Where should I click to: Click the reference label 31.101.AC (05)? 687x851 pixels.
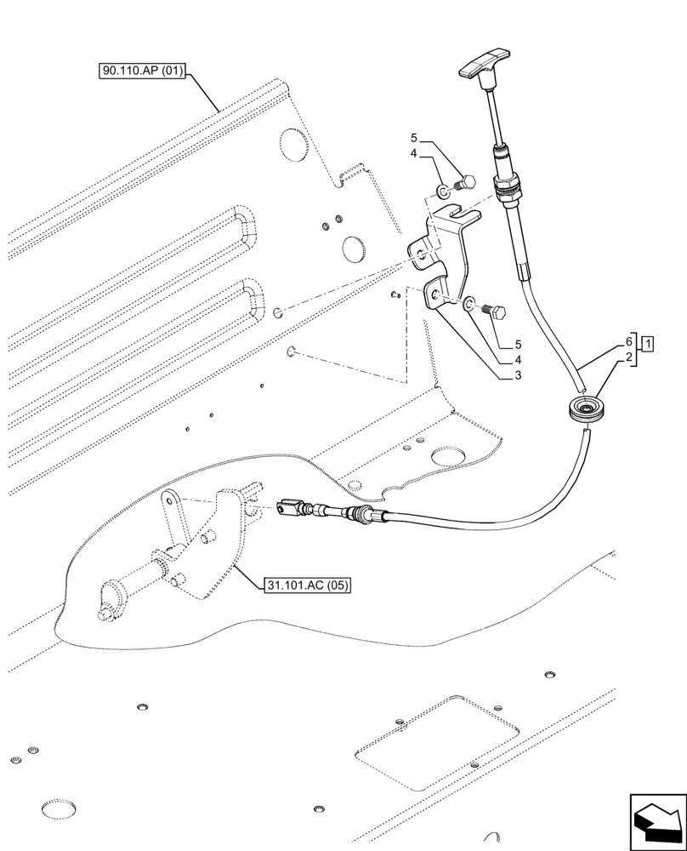coord(307,585)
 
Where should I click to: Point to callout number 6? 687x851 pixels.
coord(629,340)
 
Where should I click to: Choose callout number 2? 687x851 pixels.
coord(629,357)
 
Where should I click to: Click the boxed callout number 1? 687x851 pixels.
coord(649,345)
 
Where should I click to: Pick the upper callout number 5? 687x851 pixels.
coord(414,138)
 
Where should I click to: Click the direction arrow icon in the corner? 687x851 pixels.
coord(656,819)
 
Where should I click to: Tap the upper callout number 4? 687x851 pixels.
coord(414,153)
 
